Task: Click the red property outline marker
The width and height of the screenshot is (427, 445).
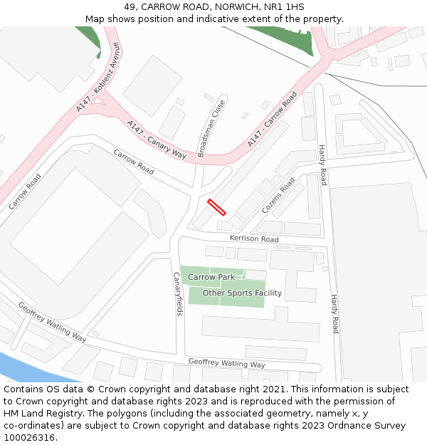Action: [x=216, y=207]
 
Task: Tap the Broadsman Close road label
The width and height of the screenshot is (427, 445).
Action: [x=211, y=128]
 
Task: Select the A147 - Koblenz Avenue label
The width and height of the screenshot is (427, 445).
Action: [x=99, y=77]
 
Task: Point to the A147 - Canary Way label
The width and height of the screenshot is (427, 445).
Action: [x=157, y=140]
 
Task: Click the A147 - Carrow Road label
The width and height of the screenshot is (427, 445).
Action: [x=272, y=120]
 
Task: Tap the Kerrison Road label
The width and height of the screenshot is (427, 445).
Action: [x=254, y=239]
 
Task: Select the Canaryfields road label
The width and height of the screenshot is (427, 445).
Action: [x=177, y=293]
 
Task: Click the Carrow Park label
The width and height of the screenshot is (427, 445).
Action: [x=211, y=277]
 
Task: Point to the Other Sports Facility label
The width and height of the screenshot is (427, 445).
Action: [x=242, y=293]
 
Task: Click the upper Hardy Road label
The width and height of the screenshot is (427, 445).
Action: [x=322, y=165]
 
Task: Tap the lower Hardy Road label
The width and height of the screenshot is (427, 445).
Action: [x=334, y=314]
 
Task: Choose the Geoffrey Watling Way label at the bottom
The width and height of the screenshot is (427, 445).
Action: [x=226, y=364]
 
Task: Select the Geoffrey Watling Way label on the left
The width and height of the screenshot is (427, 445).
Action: [x=52, y=322]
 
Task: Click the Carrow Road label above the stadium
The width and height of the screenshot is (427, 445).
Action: [x=134, y=162]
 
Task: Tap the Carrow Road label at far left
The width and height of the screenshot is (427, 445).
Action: [x=25, y=192]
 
